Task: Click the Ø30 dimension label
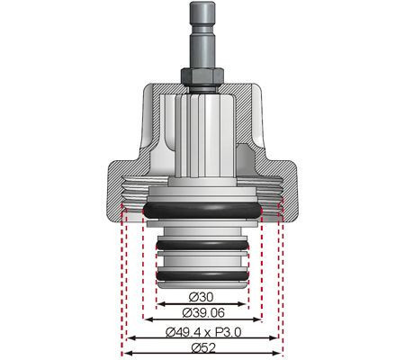coord(202,297)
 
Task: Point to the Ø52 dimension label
coord(202,347)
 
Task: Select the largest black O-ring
coord(202,209)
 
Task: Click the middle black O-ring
coord(202,243)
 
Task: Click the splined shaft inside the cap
coord(202,135)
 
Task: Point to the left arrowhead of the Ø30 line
coord(158,303)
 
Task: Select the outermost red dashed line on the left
coord(121,279)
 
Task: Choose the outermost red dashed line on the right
coord(283,279)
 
